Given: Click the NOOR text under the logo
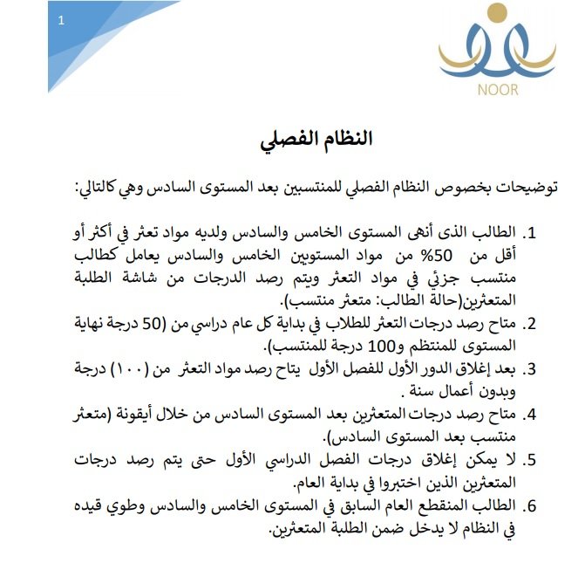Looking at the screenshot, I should [x=498, y=90].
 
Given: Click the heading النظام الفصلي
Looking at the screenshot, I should [x=316, y=140].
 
